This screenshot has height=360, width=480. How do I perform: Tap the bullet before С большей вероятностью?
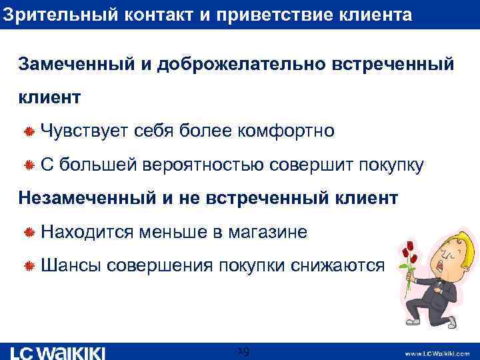point(29,165)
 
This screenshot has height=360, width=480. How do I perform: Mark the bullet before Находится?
point(29,233)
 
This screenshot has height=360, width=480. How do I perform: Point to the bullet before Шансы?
point(29,266)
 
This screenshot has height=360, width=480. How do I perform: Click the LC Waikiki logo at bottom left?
point(58,352)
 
